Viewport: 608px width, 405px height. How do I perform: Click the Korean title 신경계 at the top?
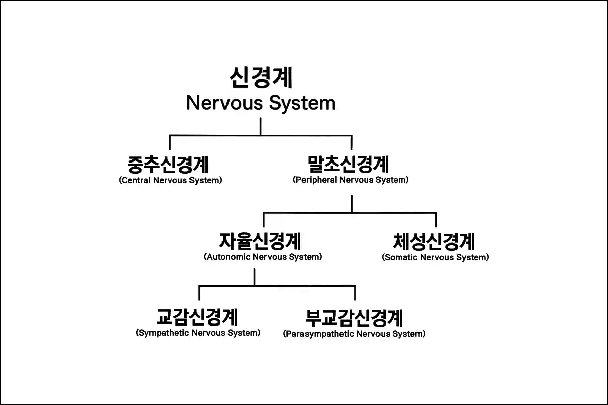261,77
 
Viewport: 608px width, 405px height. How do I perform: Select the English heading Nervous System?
261,103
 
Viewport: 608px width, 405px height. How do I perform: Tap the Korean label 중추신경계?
168,165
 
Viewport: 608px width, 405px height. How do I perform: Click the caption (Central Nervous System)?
170,180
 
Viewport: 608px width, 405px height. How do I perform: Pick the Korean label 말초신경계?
348,164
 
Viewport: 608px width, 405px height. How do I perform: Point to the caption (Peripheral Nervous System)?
351,180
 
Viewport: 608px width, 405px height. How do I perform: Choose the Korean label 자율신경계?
260,241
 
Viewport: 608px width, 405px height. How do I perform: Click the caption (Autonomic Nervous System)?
263,257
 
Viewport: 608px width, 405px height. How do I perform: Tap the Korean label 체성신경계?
434,241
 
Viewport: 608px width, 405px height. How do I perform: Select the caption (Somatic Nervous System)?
435,258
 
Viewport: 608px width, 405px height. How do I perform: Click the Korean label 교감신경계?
197,317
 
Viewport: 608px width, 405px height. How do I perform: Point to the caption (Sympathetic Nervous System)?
198,333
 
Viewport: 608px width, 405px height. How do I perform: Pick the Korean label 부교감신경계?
354,318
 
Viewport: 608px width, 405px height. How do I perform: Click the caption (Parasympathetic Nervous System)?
354,334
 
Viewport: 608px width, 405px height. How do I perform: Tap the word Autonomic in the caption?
229,257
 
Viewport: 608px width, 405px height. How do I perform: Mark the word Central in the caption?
136,180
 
